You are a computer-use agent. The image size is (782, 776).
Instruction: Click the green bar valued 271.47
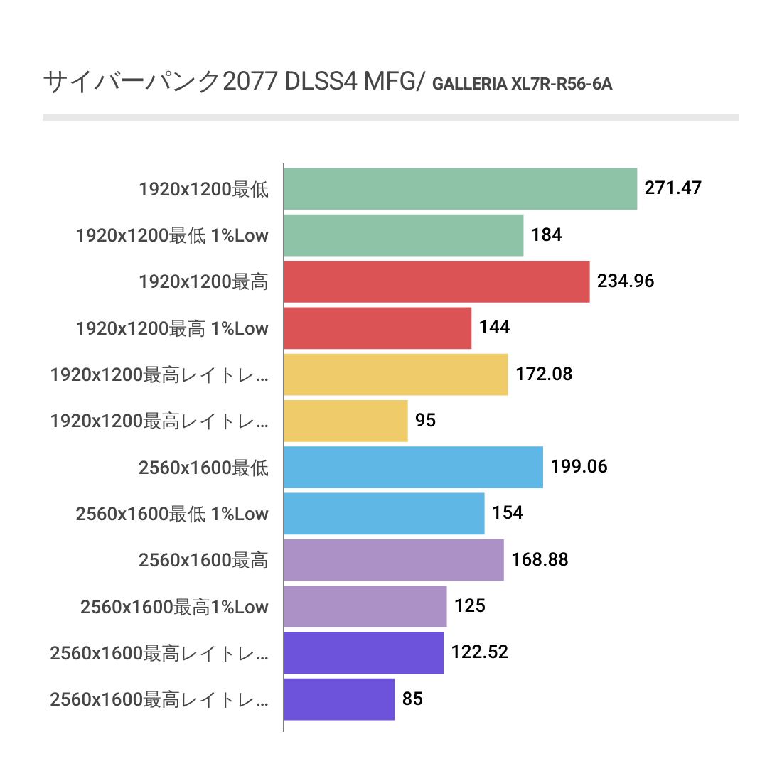click(460, 189)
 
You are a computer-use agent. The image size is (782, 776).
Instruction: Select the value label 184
click(547, 235)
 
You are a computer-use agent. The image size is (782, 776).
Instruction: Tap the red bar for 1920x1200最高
click(436, 281)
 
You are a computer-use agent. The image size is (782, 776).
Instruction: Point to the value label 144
click(495, 328)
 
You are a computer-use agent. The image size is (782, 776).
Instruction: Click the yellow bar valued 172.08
click(395, 374)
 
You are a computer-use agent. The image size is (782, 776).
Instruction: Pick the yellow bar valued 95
click(346, 421)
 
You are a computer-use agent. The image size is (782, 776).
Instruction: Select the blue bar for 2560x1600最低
click(413, 467)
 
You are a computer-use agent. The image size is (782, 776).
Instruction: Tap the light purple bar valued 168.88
click(393, 560)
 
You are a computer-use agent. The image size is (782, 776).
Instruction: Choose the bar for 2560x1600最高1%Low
click(365, 606)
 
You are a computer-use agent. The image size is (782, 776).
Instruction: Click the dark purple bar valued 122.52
click(363, 652)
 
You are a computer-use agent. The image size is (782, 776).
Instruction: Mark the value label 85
click(412, 699)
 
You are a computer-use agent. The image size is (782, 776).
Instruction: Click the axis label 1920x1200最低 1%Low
click(172, 235)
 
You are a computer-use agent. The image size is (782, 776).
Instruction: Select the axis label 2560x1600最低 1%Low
click(172, 513)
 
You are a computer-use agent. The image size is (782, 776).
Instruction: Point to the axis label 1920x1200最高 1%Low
click(172, 328)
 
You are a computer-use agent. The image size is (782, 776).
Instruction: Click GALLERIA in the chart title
click(469, 85)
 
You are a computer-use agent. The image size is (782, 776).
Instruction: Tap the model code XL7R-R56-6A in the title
click(562, 85)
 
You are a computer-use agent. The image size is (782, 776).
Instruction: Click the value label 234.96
click(626, 281)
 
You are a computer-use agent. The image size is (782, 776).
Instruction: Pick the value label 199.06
click(579, 467)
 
